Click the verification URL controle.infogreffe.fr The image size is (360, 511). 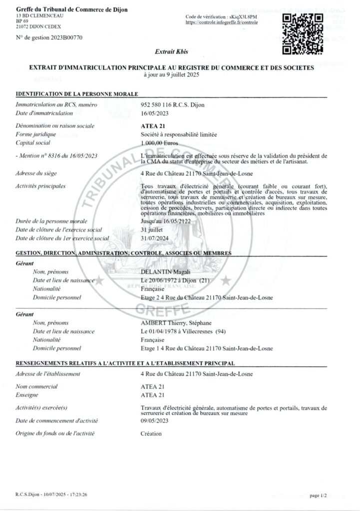221,23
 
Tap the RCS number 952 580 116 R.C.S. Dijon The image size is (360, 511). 173,105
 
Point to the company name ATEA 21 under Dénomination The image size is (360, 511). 152,126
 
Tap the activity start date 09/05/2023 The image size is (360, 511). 155,421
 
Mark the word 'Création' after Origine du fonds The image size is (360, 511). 151,434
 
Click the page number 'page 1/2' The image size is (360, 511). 318,495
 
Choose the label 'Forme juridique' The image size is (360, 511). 36,134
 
